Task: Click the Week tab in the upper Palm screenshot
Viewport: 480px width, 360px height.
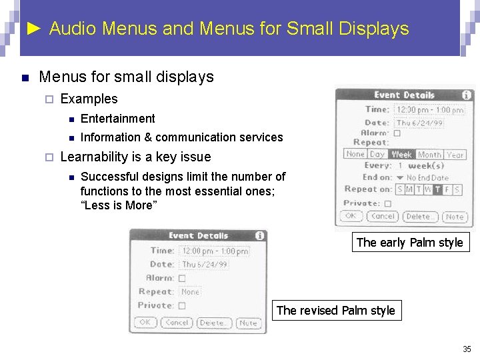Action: pyautogui.click(x=401, y=155)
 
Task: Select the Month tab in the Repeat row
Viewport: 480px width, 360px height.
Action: pyautogui.click(x=429, y=155)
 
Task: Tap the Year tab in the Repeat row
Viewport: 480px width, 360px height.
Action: pyautogui.click(x=455, y=155)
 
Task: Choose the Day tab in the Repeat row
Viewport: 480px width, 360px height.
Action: pyautogui.click(x=377, y=155)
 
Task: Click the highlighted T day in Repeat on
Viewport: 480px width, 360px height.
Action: pyautogui.click(x=437, y=190)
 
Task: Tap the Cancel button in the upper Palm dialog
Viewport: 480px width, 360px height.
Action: pyautogui.click(x=383, y=216)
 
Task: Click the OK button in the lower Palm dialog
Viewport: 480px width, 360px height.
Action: pyautogui.click(x=145, y=323)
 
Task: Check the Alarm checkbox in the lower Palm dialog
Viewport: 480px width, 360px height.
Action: pyautogui.click(x=182, y=278)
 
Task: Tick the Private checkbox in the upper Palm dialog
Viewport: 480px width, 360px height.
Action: pyautogui.click(x=397, y=203)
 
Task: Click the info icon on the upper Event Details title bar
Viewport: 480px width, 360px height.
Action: pyautogui.click(x=466, y=95)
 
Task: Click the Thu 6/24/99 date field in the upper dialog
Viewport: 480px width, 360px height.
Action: pyautogui.click(x=419, y=123)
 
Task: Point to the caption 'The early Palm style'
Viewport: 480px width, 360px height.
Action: pyautogui.click(x=409, y=243)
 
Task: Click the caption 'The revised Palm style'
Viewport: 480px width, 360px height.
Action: pyautogui.click(x=335, y=310)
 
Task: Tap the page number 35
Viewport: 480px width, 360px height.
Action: pyautogui.click(x=467, y=349)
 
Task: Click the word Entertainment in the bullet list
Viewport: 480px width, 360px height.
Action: pyautogui.click(x=117, y=119)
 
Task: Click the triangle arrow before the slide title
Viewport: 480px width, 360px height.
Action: pyautogui.click(x=36, y=29)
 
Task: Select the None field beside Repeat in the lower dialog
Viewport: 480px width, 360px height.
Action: pyautogui.click(x=190, y=291)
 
